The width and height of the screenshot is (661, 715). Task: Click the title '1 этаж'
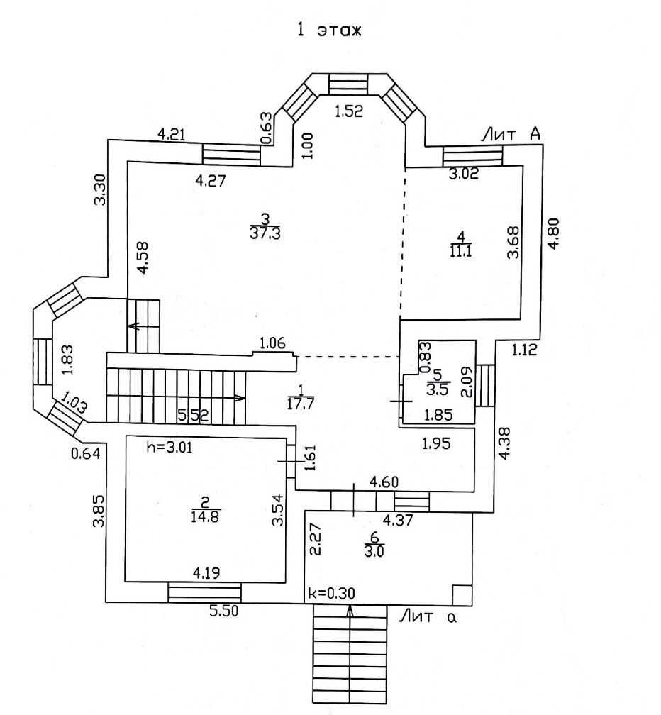(328, 31)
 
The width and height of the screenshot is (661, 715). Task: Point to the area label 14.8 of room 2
(206, 516)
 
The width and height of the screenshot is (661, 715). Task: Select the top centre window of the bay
(348, 85)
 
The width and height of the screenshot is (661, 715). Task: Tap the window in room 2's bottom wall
(204, 593)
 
